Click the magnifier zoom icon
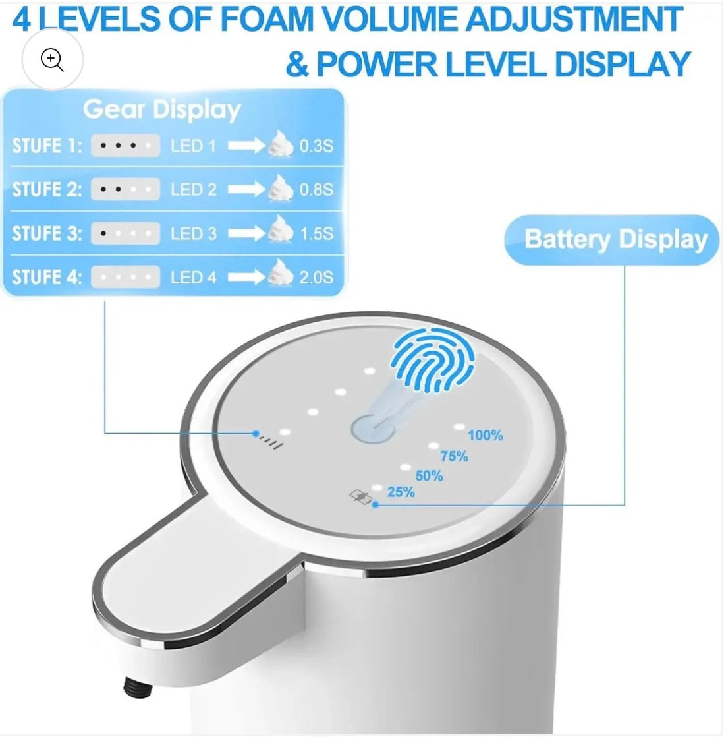tap(52, 59)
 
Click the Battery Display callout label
tap(615, 239)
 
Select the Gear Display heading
tap(162, 109)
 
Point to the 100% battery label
tap(486, 435)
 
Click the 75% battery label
tap(454, 456)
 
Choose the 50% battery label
tap(429, 475)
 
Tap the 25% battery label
tap(401, 492)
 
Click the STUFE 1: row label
tap(47, 145)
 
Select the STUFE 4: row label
tap(47, 277)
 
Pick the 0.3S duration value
tap(316, 146)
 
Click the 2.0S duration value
tap(316, 278)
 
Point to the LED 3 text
tap(193, 233)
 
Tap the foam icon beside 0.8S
tap(281, 188)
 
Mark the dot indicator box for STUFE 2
tap(125, 189)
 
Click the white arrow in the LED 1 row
tap(246, 146)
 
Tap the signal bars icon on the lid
tap(271, 442)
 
